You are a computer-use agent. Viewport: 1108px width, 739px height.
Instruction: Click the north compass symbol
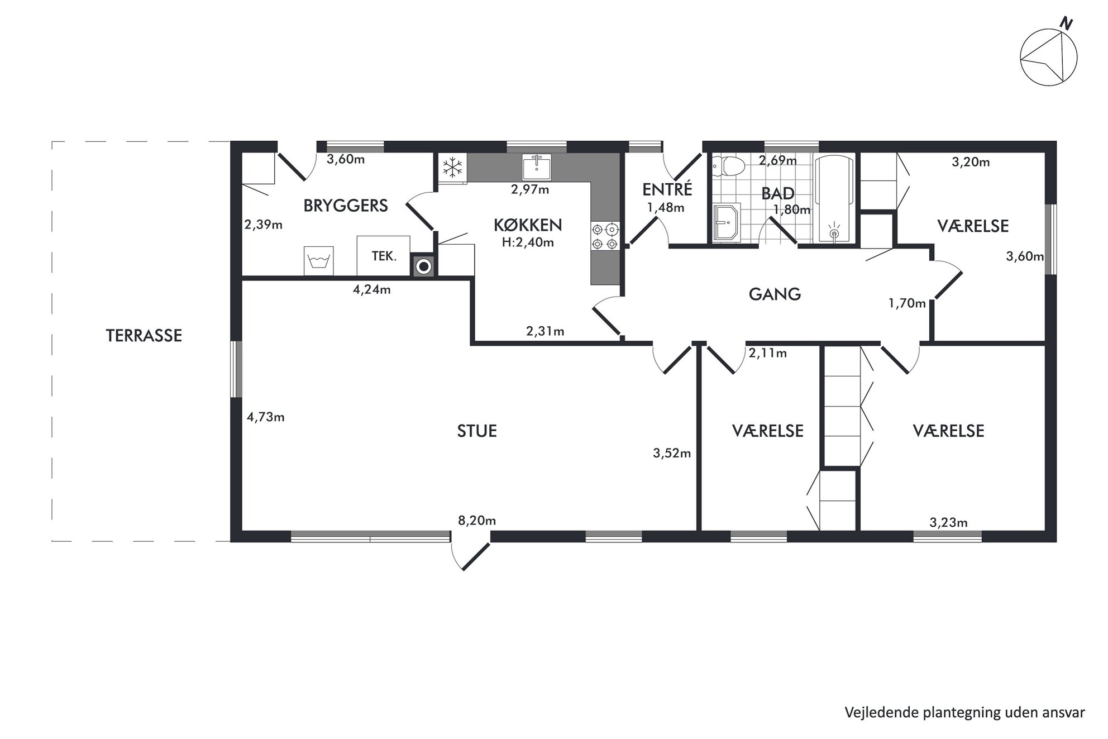[x=1048, y=57]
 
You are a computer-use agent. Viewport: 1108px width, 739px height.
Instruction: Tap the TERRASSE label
[x=144, y=336]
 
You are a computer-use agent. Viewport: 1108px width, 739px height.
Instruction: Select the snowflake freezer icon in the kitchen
[x=452, y=167]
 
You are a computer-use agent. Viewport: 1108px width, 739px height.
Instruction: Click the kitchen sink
[x=537, y=166]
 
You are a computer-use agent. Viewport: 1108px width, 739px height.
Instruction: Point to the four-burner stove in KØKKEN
[x=605, y=236]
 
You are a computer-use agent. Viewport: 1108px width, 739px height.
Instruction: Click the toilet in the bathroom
[x=729, y=165]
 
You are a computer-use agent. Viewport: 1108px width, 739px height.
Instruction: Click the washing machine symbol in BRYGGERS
[x=318, y=261]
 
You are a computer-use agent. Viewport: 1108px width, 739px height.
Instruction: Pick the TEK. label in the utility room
[x=384, y=257]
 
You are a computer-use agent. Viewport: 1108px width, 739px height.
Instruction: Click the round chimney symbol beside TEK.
[x=424, y=266]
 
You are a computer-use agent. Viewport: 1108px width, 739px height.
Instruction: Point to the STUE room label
[x=477, y=431]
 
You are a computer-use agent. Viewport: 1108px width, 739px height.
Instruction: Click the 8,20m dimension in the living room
[x=477, y=521]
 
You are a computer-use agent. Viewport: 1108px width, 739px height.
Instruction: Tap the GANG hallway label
[x=775, y=294]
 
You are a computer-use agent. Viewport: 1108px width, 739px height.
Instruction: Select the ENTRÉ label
[x=667, y=189]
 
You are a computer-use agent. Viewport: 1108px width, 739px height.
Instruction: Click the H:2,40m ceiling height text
[x=528, y=242]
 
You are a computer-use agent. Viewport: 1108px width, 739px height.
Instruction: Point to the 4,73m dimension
[x=266, y=417]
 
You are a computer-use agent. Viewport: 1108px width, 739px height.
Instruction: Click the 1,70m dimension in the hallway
[x=907, y=303]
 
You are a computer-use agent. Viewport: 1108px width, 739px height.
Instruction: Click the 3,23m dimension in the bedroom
[x=948, y=523]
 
